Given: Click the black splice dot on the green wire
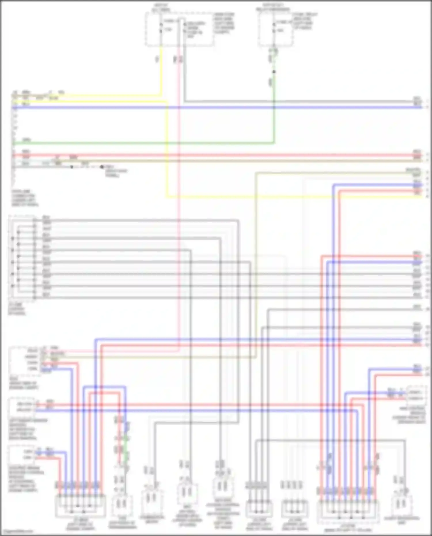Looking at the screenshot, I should point(274,72).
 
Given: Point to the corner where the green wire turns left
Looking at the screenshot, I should point(274,143).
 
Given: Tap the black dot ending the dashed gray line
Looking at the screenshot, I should point(102,167).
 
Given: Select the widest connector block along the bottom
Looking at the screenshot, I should point(348,511).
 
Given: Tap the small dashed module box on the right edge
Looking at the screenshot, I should point(416,395).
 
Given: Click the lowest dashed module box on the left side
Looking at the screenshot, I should point(22,454).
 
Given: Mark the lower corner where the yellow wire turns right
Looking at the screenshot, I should point(167,197).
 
